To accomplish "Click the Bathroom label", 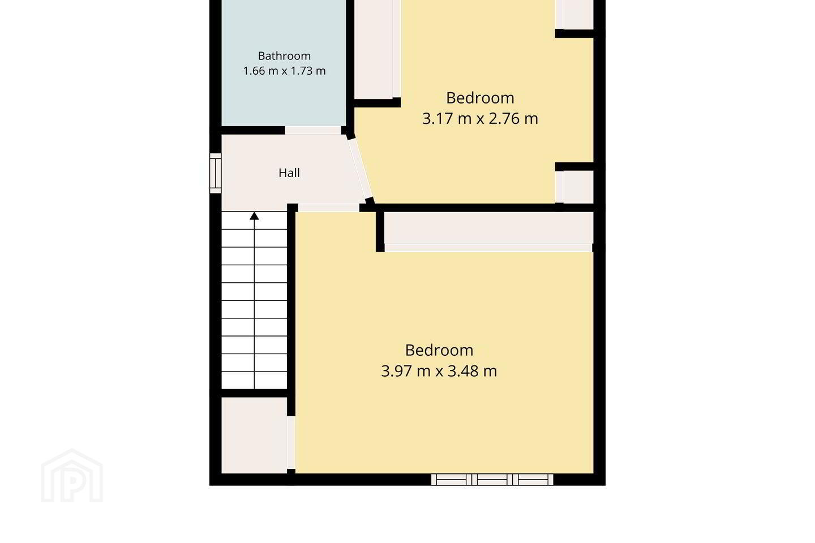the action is click(x=284, y=56).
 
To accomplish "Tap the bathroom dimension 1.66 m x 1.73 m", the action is click(x=284, y=71).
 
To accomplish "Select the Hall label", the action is click(x=289, y=173).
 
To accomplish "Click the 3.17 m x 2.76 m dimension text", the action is click(x=480, y=119).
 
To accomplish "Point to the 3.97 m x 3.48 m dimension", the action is click(x=439, y=372).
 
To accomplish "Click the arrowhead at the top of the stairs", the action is click(x=254, y=216).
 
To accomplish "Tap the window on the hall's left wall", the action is click(x=216, y=173).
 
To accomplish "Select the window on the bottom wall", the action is click(x=492, y=479).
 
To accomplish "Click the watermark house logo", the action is click(x=72, y=476).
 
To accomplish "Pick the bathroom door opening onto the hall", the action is click(x=313, y=130).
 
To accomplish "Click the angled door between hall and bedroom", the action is click(x=361, y=170).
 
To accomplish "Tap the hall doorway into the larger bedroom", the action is click(x=329, y=208).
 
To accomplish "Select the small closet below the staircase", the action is click(x=254, y=436).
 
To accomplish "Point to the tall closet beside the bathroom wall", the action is click(x=374, y=49).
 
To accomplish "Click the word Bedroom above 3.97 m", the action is click(x=439, y=350).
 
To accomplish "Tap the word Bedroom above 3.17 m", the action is click(x=481, y=98).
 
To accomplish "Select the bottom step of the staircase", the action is click(x=254, y=381).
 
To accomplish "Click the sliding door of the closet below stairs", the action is click(x=291, y=443).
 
